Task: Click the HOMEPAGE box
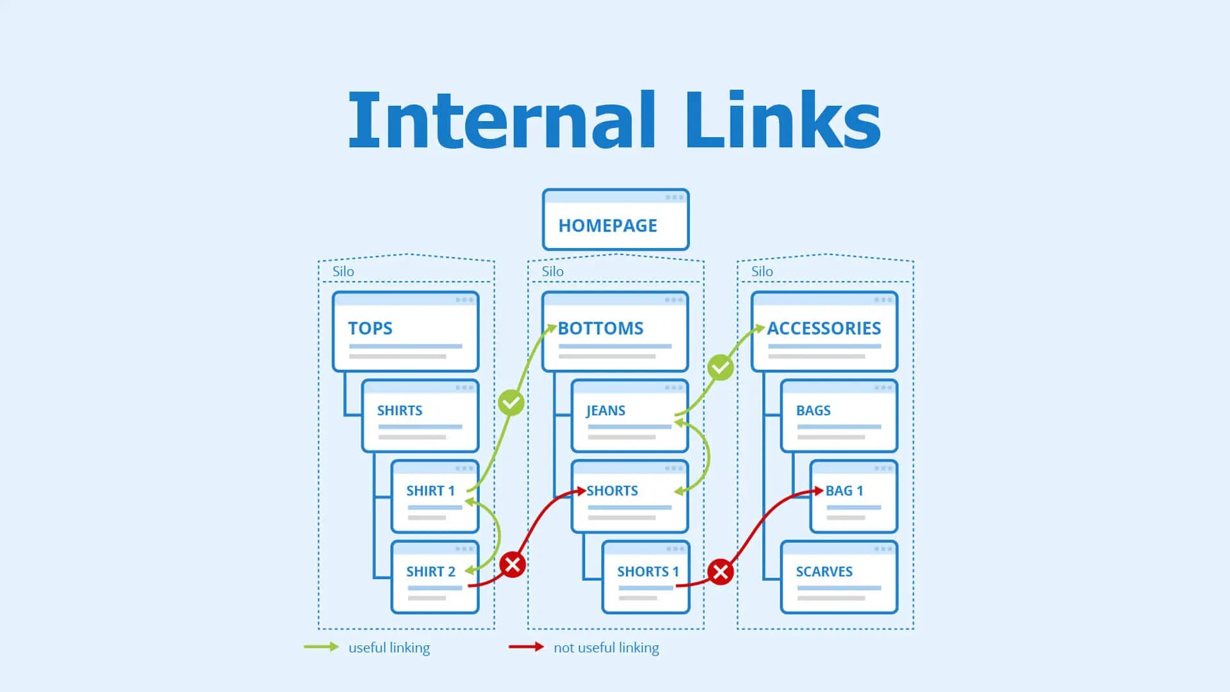click(615, 220)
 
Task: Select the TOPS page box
click(405, 332)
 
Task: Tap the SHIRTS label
click(400, 411)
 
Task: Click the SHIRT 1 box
click(434, 497)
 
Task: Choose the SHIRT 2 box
click(434, 577)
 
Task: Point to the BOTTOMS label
click(600, 329)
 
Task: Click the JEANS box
click(629, 416)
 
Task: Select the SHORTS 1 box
click(645, 577)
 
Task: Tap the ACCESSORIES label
click(824, 329)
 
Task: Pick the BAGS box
click(839, 416)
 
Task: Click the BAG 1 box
click(853, 497)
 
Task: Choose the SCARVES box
click(839, 577)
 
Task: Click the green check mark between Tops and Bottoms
click(511, 403)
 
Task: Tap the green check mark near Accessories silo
click(720, 368)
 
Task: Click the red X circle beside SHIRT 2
click(512, 564)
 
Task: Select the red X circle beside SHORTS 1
click(720, 572)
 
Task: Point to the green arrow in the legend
click(321, 647)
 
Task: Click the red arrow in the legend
click(526, 647)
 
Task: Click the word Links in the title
click(783, 120)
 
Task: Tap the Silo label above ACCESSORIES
click(762, 272)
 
